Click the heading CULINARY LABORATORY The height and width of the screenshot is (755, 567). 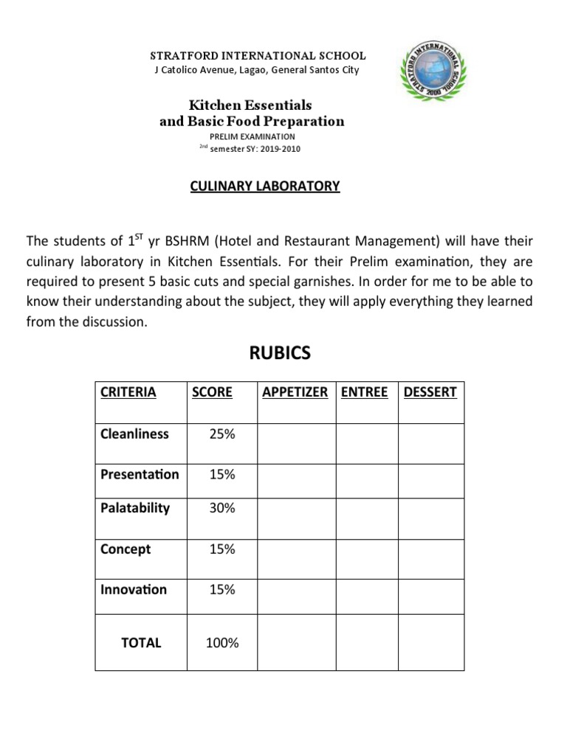click(264, 186)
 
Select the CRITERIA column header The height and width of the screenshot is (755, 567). click(128, 392)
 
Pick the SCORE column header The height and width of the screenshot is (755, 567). click(212, 392)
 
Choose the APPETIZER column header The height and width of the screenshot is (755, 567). click(295, 392)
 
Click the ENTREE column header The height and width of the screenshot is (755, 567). click(365, 392)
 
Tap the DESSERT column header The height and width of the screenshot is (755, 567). click(430, 392)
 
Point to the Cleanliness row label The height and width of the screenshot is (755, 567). click(134, 434)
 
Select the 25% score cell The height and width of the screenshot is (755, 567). click(222, 434)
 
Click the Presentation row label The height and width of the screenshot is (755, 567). click(140, 474)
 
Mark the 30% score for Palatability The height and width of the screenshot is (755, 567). click(222, 508)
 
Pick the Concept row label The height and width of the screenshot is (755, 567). click(126, 549)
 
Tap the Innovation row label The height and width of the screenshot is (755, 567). click(134, 589)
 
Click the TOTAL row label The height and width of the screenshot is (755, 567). click(141, 642)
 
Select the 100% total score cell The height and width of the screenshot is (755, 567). click(222, 643)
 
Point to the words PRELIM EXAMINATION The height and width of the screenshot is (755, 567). click(252, 136)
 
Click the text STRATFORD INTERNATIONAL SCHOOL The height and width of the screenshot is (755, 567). click(258, 56)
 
